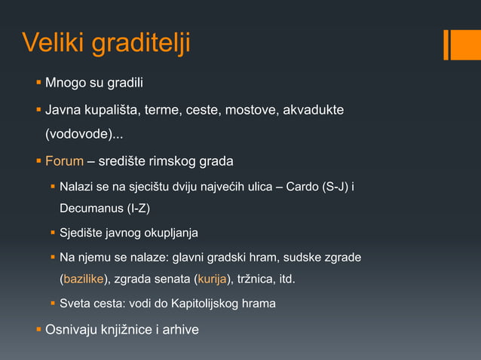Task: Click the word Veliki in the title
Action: point(54,43)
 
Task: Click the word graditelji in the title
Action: point(141,44)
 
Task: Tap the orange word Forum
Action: point(64,161)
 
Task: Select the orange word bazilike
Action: point(84,280)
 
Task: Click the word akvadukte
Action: point(314,111)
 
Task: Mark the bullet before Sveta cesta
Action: point(53,304)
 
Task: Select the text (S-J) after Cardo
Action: point(337,186)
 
